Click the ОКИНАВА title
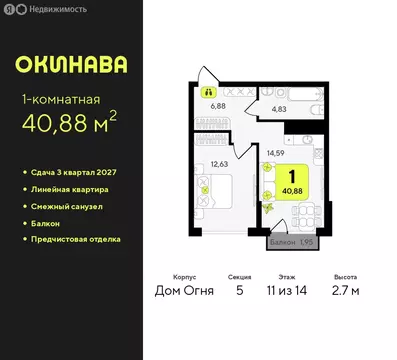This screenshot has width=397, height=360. point(71,65)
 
